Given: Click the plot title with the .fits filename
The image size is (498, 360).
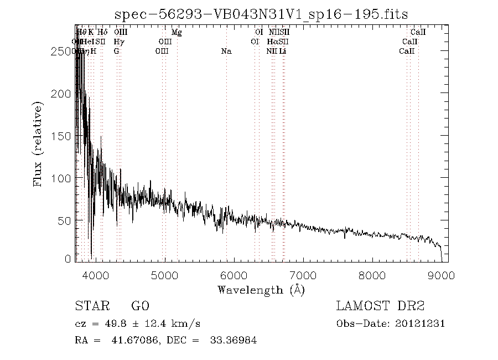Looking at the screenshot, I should coord(261,14).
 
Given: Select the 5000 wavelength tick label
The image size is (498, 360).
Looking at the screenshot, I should coord(165,275).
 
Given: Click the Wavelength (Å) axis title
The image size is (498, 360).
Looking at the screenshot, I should coord(261,289).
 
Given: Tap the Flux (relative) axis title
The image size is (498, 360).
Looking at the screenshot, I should coord(38,144).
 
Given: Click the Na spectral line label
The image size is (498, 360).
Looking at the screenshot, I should coord(226,52).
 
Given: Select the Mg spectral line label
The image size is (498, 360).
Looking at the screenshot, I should coord(177,33).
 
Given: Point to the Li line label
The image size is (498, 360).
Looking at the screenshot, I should coord(283,52).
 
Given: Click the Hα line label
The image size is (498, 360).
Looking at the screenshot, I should coord(272,42).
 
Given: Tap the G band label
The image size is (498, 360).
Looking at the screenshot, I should coord(116,52).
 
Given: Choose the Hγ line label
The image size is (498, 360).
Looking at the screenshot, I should coord(118,42).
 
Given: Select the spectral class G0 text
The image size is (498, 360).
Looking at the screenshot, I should coord(139,306).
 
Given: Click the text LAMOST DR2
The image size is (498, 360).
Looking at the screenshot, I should coord(380,306).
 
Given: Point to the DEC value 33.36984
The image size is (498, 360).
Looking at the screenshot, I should coord(234,341).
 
